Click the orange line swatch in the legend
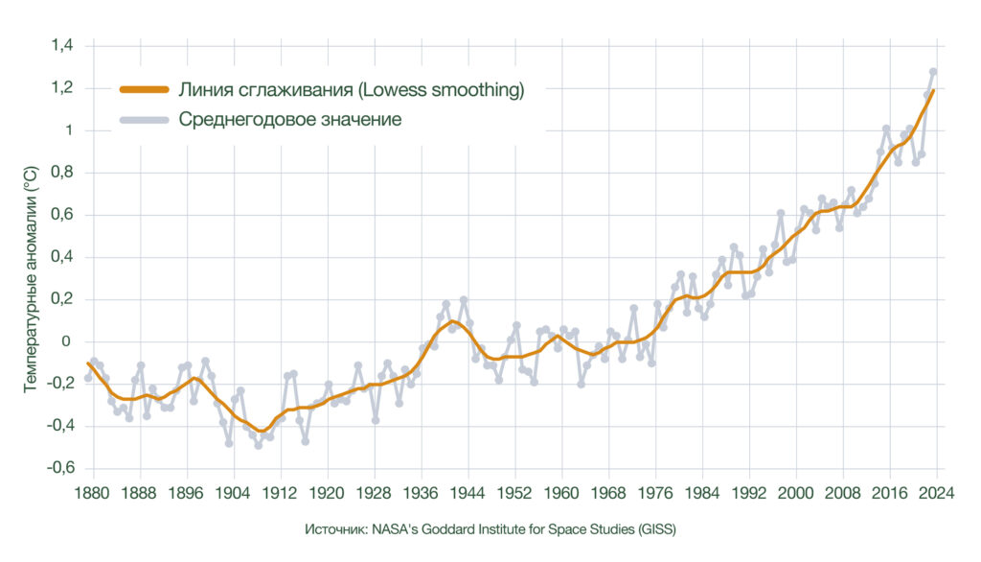coord(144,90)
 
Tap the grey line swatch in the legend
coord(144,120)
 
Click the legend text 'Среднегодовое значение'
coord(290,120)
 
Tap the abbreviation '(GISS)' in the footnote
coord(655,529)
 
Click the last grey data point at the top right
coord(933,71)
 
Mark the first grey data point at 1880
coord(88,378)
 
